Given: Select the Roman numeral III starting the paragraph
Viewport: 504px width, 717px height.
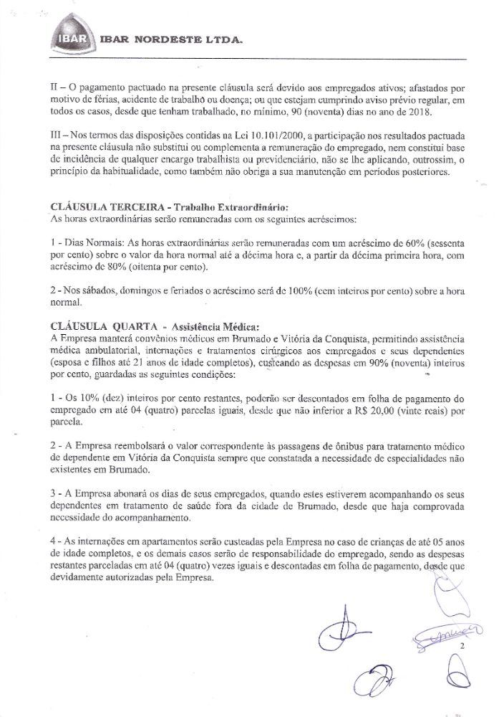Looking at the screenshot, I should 57,136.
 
